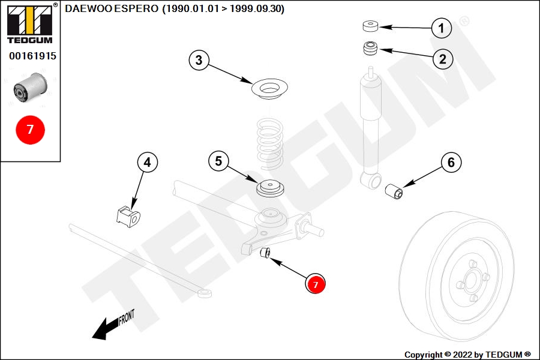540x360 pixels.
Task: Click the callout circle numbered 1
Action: [442, 28]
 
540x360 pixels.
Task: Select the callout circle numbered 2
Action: [443, 59]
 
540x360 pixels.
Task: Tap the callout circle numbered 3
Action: [199, 60]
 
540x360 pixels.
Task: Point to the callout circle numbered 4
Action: [148, 162]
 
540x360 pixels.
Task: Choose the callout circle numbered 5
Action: [218, 161]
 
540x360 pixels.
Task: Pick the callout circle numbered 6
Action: [451, 162]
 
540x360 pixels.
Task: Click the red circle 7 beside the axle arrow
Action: [316, 284]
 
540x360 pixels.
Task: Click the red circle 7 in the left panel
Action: [31, 130]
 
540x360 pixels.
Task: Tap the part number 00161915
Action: [33, 56]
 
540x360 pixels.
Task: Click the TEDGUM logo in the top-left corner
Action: [30, 23]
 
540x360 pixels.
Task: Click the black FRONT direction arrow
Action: [113, 325]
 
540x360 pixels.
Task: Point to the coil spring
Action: [271, 143]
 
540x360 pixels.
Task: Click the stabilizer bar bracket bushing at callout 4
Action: [128, 217]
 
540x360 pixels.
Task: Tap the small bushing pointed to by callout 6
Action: [394, 191]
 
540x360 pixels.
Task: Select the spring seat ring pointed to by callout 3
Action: [269, 89]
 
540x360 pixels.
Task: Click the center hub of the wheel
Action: [470, 278]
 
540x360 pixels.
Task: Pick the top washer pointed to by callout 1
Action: [371, 26]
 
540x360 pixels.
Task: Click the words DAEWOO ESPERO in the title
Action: [112, 8]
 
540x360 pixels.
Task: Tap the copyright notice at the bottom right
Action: [467, 355]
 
